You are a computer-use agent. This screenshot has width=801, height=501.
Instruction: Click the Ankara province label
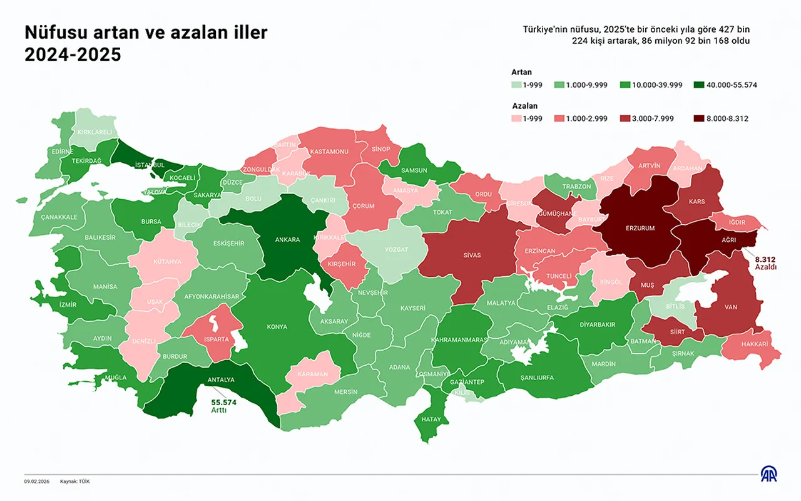tap(288, 239)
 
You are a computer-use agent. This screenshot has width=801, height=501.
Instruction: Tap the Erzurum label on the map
tap(640, 229)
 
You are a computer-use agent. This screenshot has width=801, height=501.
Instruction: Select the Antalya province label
tap(220, 380)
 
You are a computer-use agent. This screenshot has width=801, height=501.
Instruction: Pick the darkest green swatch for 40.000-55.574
tap(700, 85)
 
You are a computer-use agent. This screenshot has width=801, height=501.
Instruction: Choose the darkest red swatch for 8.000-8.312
tap(700, 118)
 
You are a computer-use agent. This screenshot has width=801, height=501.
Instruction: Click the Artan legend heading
tap(521, 72)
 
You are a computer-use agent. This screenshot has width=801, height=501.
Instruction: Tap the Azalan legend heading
tap(524, 106)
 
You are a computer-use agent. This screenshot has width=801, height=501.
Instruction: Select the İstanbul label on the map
tap(150, 165)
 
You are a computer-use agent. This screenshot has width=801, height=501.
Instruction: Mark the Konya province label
tap(277, 327)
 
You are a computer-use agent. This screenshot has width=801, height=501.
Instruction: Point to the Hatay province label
tap(431, 420)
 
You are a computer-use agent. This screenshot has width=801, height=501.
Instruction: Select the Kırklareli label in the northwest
tap(94, 132)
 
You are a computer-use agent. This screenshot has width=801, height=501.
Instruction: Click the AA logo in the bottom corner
tap(768, 475)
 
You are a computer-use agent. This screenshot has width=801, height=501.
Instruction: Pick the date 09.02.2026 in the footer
tap(37, 481)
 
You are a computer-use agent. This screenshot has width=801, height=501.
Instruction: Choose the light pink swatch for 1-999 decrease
tap(517, 118)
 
